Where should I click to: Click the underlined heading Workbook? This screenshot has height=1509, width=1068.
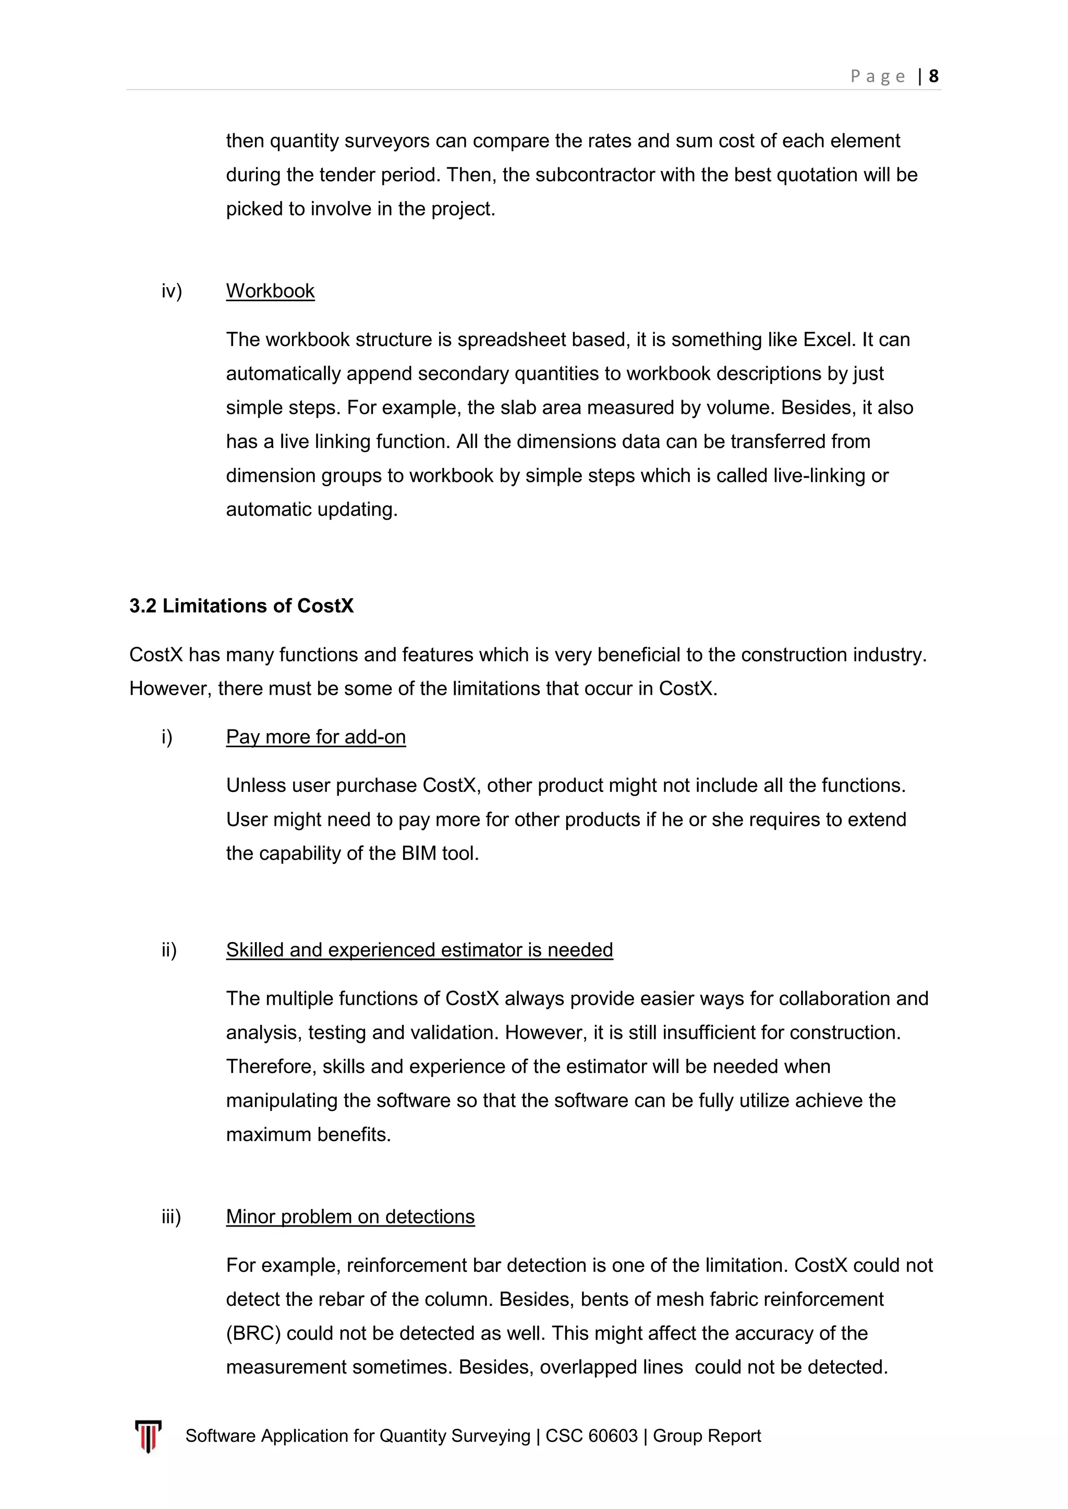[270, 291]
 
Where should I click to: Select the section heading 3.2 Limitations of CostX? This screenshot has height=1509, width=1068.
[241, 605]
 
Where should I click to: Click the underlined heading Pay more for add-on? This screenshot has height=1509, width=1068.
[315, 737]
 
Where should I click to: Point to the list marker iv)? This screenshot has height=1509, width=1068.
[172, 291]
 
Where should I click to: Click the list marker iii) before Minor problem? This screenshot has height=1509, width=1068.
[171, 1217]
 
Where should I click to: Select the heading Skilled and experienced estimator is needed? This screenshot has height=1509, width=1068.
[419, 950]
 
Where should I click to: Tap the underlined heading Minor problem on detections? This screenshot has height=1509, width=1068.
[350, 1217]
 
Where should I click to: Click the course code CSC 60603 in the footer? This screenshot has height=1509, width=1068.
[591, 1436]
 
